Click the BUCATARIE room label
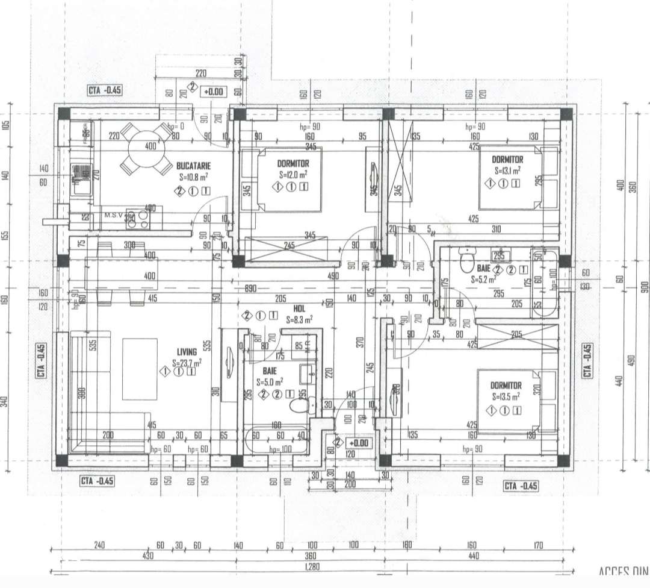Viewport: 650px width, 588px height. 194,164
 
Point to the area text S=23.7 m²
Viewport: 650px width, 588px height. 187,363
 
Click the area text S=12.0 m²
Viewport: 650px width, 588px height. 293,175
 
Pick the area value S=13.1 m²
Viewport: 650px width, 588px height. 507,170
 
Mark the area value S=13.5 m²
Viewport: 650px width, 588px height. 505,396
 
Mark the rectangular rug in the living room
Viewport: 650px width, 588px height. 140,369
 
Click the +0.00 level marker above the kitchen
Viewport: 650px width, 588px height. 214,92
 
